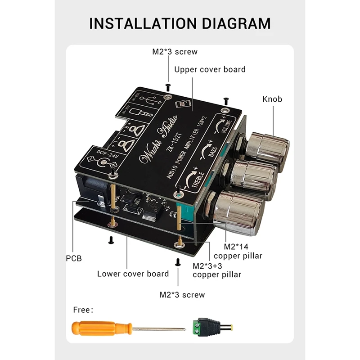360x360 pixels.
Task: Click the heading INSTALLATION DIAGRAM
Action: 180,23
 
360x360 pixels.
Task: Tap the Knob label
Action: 272,99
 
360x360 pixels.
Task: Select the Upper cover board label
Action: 210,70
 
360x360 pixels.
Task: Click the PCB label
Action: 73,259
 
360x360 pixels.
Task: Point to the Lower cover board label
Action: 133,274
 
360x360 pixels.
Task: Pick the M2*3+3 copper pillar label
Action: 216,270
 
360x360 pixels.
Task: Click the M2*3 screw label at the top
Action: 175,52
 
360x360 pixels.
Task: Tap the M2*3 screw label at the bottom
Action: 182,295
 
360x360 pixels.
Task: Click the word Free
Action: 83,310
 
